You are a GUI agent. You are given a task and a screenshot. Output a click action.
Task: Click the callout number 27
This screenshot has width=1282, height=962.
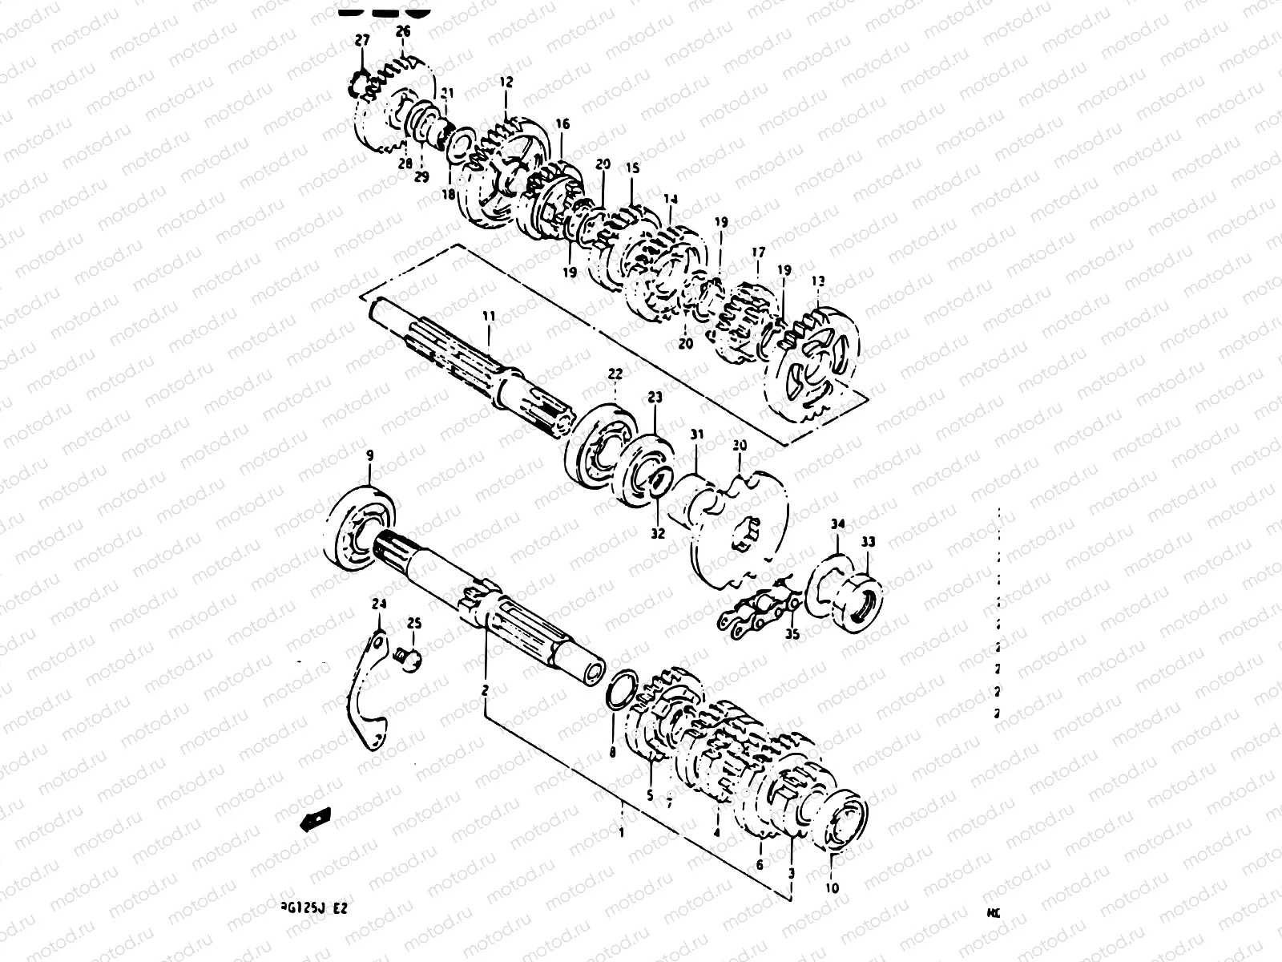tap(363, 39)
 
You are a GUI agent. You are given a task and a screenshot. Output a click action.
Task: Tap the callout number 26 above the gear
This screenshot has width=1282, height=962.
tap(402, 32)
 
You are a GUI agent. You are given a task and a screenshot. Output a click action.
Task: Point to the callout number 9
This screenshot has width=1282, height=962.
tap(370, 456)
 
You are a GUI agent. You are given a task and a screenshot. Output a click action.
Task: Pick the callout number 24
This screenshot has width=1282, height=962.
tap(379, 604)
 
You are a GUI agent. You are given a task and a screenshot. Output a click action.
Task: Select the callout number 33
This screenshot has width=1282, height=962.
tap(869, 543)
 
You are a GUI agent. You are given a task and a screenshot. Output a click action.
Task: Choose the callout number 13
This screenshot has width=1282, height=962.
tap(817, 281)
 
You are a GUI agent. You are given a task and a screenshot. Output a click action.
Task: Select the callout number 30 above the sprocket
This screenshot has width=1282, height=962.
tap(739, 444)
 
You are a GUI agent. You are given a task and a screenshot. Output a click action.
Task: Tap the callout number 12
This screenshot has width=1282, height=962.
tap(506, 83)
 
